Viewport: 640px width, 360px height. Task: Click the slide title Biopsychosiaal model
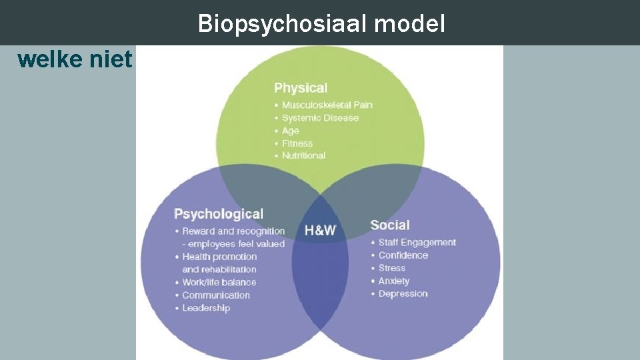tap(321, 24)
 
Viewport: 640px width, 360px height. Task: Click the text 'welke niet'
tap(75, 60)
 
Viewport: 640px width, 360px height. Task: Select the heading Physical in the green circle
tap(300, 88)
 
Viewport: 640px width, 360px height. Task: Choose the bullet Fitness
tap(297, 143)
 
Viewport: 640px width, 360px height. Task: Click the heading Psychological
tap(219, 214)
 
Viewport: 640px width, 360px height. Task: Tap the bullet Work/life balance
tap(219, 282)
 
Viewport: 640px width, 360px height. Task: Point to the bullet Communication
tap(216, 295)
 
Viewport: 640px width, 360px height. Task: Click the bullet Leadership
tap(206, 308)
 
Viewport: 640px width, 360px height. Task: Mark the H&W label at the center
tap(320, 231)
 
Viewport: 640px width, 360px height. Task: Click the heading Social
tap(390, 225)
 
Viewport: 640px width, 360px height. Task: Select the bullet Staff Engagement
tap(417, 243)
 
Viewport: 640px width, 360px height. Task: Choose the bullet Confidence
tap(403, 255)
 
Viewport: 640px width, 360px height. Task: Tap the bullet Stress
tap(392, 268)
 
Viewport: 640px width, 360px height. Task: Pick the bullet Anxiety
tap(394, 281)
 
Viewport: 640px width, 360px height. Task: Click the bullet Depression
tap(403, 294)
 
